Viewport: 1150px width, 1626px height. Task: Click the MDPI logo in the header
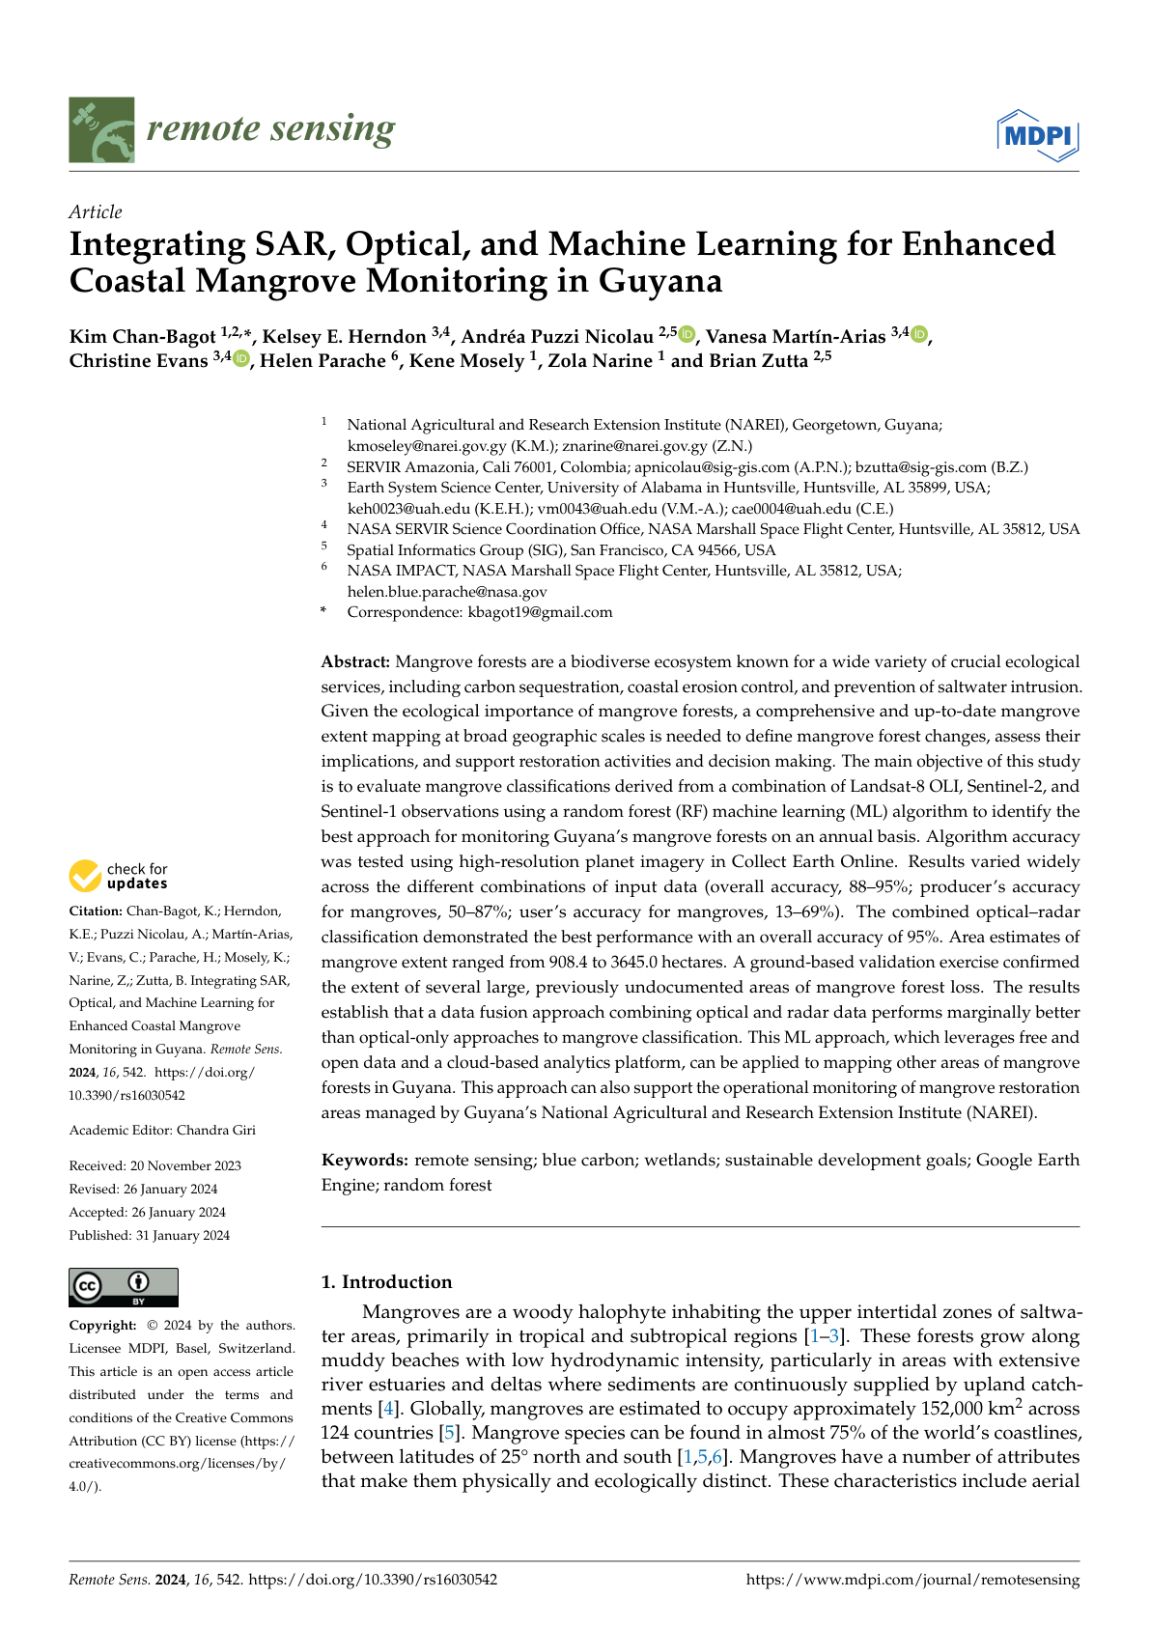tap(1037, 136)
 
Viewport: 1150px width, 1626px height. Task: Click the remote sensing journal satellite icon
tap(101, 129)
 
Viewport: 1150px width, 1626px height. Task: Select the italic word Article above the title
tap(96, 212)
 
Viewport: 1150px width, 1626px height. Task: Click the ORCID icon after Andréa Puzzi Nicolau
tap(687, 334)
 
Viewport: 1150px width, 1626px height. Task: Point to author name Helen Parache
tap(323, 361)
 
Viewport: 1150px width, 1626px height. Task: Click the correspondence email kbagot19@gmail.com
tap(540, 612)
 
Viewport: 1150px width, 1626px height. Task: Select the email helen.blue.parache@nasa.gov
tap(447, 592)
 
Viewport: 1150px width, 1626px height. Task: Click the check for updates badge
tap(119, 876)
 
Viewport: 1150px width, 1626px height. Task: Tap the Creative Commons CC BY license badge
tap(124, 1287)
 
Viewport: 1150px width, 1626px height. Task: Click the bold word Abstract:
tap(355, 662)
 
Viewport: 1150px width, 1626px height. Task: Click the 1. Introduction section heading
tap(386, 1282)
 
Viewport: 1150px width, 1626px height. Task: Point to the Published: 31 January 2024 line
tap(150, 1236)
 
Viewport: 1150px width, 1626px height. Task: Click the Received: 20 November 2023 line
tap(155, 1166)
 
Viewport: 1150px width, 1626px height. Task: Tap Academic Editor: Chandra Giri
tap(162, 1131)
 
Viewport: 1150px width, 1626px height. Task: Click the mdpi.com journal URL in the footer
tap(912, 1580)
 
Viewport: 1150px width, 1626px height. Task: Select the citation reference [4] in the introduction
tap(388, 1410)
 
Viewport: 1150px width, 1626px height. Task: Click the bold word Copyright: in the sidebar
tap(102, 1326)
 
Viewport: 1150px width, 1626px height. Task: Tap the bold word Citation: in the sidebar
tap(96, 911)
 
